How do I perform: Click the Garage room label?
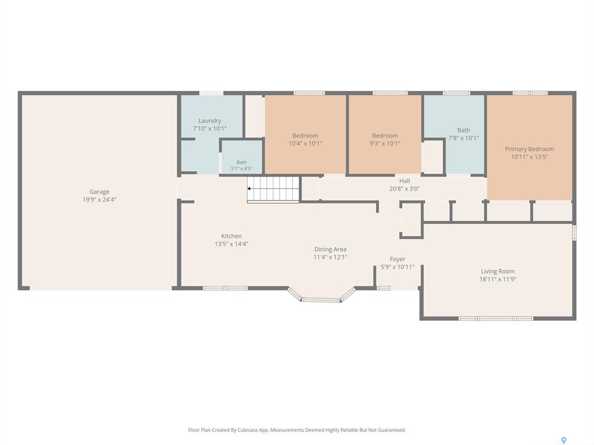click(99, 192)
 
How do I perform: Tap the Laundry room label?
click(209, 121)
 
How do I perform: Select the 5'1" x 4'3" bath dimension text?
click(242, 169)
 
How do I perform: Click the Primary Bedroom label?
click(529, 149)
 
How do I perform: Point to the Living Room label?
click(498, 271)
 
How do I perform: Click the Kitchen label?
click(231, 236)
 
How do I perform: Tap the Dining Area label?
click(330, 249)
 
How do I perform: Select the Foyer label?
click(397, 259)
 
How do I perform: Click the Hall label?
click(404, 181)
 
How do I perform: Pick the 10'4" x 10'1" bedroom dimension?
click(305, 144)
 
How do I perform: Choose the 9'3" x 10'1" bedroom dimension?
click(385, 144)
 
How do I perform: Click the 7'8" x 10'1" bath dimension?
click(463, 138)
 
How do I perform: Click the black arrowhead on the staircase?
click(249, 188)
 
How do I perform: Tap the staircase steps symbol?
click(274, 189)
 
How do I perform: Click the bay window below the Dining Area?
click(321, 295)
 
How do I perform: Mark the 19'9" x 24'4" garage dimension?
click(99, 199)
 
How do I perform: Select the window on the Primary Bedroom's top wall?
click(530, 93)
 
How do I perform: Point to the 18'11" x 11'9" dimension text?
click(498, 279)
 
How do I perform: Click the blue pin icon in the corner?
click(564, 440)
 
